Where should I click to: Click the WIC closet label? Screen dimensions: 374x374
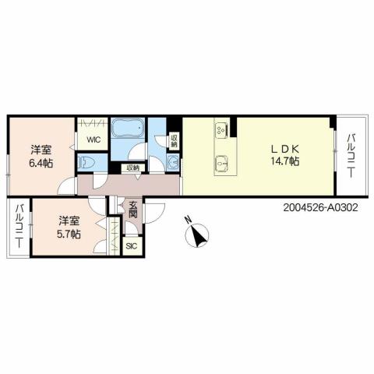[x=93, y=139]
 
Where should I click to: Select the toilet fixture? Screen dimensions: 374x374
[x=86, y=161]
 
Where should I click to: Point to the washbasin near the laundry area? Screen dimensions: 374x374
[x=171, y=161]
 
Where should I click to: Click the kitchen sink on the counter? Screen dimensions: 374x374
[x=221, y=162]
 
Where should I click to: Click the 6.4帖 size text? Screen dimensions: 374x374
[x=41, y=163]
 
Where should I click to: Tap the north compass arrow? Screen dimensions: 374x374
[x=200, y=235]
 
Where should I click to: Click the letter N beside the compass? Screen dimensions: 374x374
[x=187, y=221]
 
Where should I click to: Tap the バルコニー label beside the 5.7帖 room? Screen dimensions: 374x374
[x=18, y=226]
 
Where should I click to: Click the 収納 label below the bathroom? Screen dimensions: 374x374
[x=130, y=168]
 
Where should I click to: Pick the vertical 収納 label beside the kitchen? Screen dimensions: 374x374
[x=172, y=140]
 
